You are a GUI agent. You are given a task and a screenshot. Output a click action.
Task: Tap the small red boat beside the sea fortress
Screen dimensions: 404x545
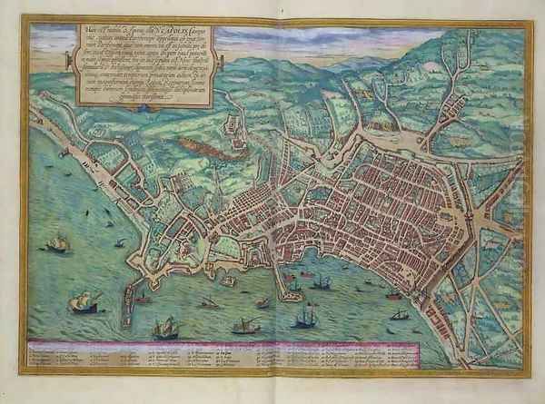[142, 297]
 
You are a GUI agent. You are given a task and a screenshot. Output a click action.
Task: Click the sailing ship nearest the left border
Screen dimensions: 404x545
[57, 243]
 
